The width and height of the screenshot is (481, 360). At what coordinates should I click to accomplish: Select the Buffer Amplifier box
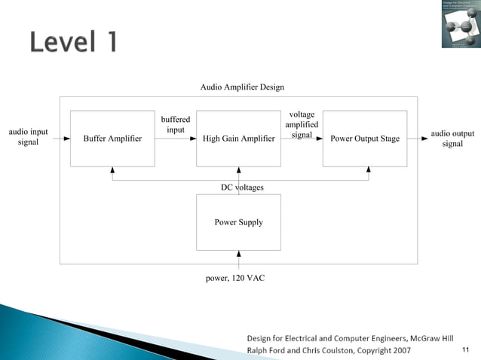pos(112,139)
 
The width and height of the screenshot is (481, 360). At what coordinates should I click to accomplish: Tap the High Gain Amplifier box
pos(238,139)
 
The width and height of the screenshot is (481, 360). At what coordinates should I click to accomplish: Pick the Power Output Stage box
pos(365,139)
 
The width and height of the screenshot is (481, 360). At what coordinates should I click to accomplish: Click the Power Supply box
pos(238,222)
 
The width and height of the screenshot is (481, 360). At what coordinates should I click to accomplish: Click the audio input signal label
pos(28,138)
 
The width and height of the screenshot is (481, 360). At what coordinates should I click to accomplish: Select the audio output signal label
pos(452,139)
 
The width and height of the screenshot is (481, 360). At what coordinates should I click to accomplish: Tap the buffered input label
pos(176,124)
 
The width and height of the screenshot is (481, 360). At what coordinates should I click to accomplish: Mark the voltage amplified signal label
pos(302,124)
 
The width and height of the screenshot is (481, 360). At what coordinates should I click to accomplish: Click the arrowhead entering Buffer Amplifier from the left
pos(67,139)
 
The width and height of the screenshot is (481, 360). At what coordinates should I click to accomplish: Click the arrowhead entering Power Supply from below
pos(239,253)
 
